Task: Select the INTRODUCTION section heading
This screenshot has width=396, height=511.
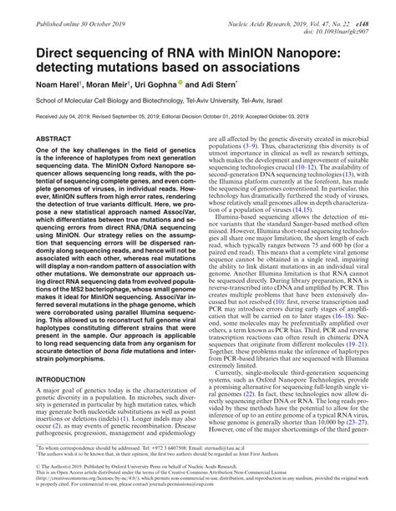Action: click(x=65, y=378)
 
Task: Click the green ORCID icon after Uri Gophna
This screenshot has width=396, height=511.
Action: click(x=192, y=84)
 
